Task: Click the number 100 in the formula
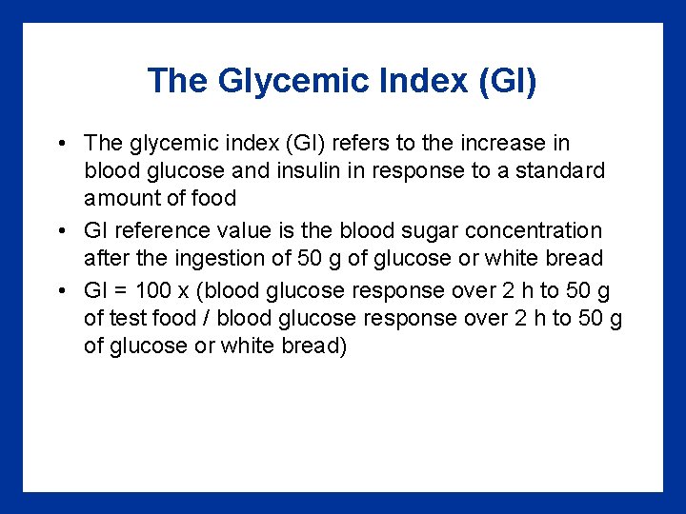tap(154, 290)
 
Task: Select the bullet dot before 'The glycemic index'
tap(61, 144)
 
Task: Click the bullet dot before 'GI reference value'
tap(61, 230)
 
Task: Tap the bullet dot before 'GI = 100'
tap(61, 290)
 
